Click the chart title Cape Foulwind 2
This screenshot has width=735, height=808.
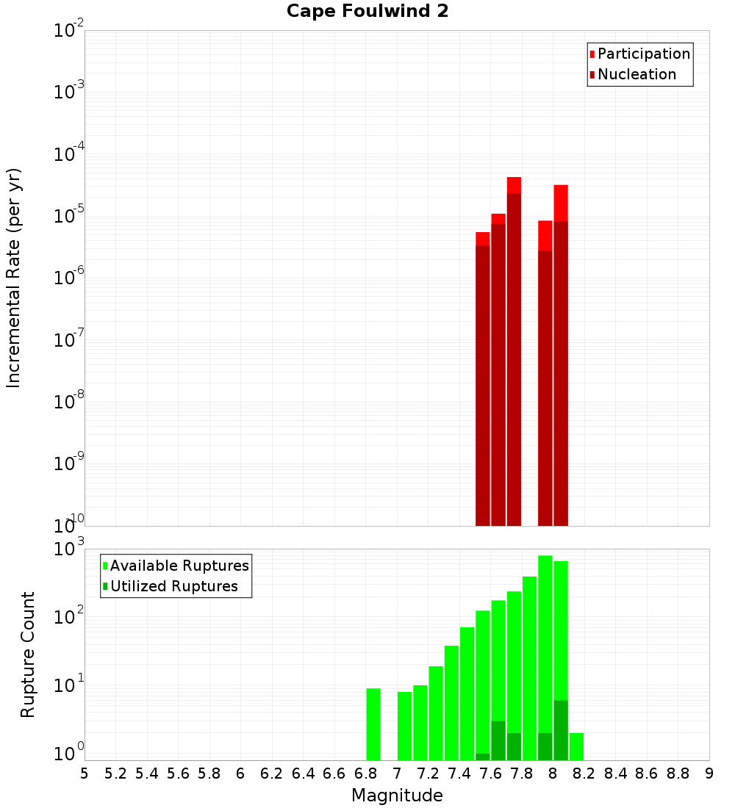pos(367,11)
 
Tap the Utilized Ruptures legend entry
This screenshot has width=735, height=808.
pos(173,586)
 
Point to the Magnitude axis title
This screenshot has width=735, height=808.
pos(397,796)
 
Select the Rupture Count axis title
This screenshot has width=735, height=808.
pos(28,654)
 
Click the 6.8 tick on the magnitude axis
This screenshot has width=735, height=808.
pos(365,773)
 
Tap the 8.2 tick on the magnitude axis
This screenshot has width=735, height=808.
pos(584,773)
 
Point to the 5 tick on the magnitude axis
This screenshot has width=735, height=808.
pos(85,773)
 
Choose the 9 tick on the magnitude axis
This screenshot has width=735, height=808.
pos(709,773)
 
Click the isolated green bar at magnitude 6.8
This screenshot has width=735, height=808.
pos(373,724)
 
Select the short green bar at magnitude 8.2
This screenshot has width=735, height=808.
pos(576,746)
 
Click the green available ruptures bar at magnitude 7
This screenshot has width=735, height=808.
pos(404,726)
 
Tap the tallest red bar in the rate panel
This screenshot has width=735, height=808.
pos(514,353)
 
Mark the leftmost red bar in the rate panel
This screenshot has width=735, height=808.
pos(483,382)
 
